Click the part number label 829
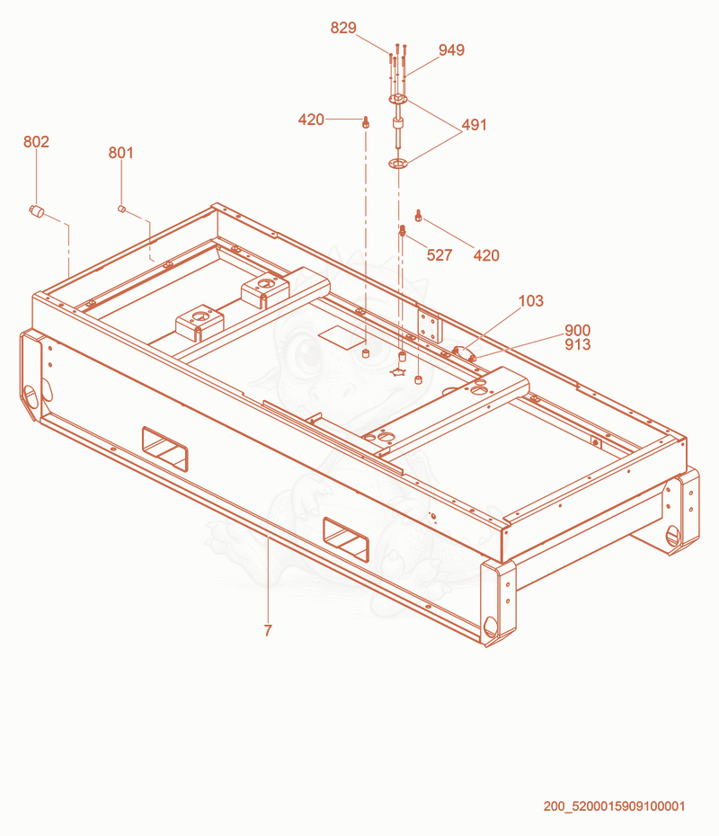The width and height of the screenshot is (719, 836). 342,28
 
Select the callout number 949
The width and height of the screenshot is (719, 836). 451,50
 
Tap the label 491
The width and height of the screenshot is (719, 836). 474,125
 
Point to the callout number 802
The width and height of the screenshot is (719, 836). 36,142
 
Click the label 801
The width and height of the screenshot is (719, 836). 121,153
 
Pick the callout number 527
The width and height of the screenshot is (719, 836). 439,255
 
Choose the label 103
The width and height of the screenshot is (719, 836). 531,301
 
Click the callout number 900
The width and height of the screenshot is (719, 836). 578,331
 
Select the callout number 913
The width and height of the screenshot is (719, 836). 578,344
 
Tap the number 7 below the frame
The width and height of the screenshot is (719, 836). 268,631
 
